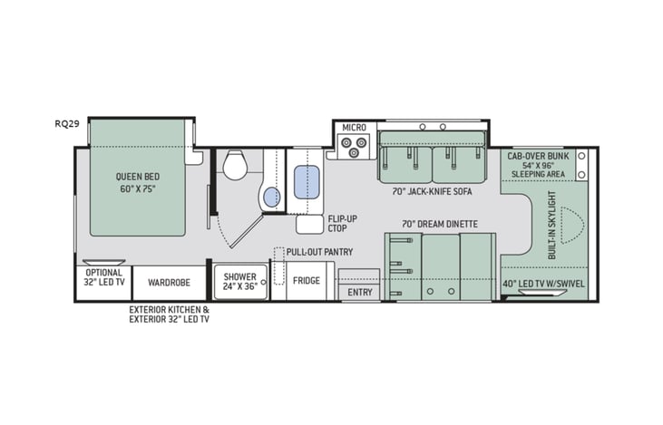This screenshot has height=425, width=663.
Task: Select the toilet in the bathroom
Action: pos(235,165)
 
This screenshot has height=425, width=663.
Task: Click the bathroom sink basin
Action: pos(271,196)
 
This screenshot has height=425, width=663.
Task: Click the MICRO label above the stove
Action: pos(353,128)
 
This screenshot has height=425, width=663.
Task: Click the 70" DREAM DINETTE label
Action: pos(439,223)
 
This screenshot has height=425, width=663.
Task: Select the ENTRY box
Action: pos(359,293)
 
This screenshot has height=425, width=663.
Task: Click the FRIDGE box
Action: pos(306,281)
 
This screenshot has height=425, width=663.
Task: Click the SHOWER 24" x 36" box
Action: pos(240,282)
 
